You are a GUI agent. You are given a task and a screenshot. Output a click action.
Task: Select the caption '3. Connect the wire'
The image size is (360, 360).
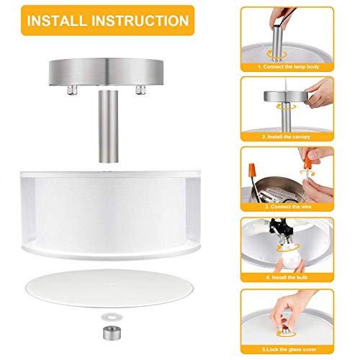point(288,205)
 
